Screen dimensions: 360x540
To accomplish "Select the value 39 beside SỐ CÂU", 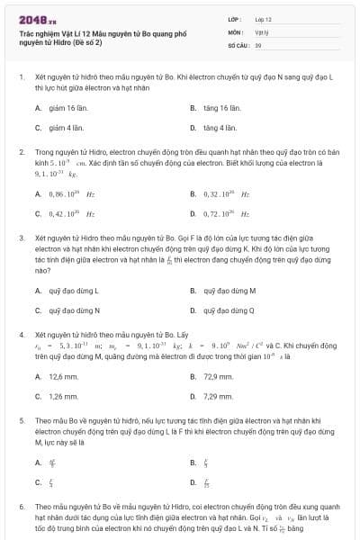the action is (258, 44).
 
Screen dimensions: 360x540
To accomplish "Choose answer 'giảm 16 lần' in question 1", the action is (57, 108).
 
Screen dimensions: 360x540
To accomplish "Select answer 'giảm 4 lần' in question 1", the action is (56, 128).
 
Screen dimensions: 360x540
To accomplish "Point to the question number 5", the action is (22, 419).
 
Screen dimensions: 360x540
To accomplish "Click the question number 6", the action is (22, 508).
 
